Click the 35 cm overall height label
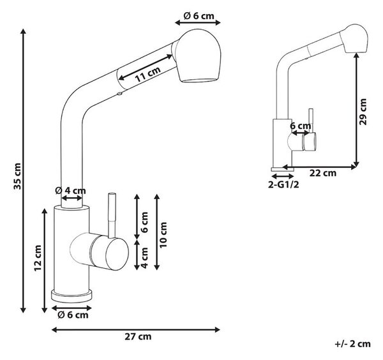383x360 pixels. coord(18,176)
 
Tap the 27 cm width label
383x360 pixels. coord(138,336)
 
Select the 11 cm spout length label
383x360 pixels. coord(148,74)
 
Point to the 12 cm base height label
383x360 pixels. coord(38,258)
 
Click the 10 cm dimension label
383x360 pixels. coord(163,235)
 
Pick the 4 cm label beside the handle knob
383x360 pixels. coord(144,258)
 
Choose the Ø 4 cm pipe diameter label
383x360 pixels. coord(70,190)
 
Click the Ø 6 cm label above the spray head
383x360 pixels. coord(199,16)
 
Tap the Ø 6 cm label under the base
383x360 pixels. coord(73,315)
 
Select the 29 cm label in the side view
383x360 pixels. coord(363,112)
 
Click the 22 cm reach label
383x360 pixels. coord(323,173)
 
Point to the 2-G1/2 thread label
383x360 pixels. coord(283,184)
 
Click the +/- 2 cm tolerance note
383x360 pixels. coord(352,344)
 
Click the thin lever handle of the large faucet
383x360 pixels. coord(112,215)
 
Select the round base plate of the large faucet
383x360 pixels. coord(71,296)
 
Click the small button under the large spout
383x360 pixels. coord(119,93)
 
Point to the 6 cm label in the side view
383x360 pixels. coord(301,126)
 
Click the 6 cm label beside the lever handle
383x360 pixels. coord(144,222)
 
